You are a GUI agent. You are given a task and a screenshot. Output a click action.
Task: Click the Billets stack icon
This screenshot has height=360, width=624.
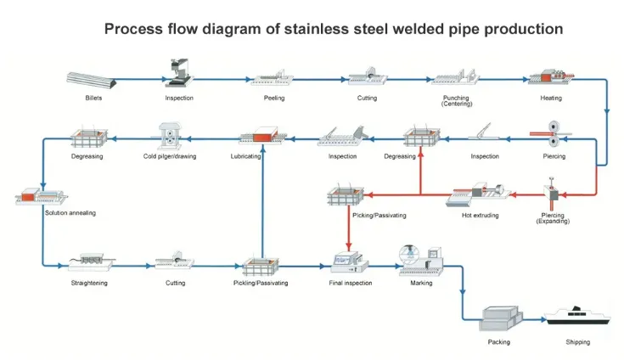tap(91, 80)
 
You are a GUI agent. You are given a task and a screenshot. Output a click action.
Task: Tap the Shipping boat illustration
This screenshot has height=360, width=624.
tap(577, 316)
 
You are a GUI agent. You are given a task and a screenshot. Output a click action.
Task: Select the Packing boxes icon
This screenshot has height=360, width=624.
tap(501, 318)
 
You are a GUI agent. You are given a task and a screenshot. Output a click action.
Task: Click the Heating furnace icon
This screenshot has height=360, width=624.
tap(551, 77)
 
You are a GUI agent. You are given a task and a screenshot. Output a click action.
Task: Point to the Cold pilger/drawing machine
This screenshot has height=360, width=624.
tap(169, 135)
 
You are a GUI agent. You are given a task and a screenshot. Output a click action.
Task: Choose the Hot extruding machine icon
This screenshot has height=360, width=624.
tap(479, 194)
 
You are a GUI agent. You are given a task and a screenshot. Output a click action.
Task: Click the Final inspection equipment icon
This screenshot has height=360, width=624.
tap(350, 262)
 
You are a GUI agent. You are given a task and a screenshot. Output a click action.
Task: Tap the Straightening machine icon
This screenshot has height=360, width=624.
tap(91, 262)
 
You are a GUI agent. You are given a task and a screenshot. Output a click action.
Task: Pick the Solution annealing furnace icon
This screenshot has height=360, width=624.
tap(42, 195)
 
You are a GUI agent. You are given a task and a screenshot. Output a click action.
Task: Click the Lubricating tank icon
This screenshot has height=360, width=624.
tap(262, 135)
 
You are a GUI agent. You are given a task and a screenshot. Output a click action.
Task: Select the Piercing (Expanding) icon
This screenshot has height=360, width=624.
tap(552, 194)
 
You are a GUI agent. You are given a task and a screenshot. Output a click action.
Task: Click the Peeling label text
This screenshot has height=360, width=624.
tap(274, 98)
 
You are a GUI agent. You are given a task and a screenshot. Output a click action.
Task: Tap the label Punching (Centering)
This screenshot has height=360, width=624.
tap(457, 101)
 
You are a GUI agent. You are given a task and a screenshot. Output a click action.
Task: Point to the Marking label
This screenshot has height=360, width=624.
tap(421, 283)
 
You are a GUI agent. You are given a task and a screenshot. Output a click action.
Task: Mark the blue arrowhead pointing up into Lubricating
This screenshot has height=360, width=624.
tap(262, 149)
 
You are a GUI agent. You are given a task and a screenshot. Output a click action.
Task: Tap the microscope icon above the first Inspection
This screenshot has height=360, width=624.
tap(179, 72)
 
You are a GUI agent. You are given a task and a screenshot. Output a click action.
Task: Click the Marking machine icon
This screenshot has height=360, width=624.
tap(420, 260)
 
